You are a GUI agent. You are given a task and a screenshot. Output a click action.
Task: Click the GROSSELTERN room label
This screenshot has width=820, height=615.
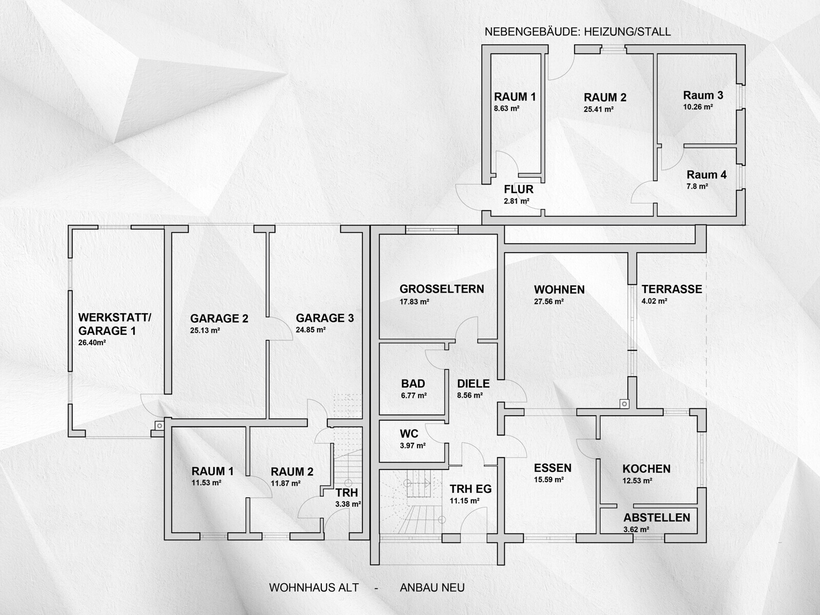tap(442, 289)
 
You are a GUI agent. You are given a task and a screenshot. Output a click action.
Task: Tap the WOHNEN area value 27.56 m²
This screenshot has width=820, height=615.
tap(549, 301)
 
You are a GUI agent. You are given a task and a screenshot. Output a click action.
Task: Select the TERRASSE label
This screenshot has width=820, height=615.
tap(672, 289)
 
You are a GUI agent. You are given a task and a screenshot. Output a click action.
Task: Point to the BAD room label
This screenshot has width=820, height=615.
tap(413, 383)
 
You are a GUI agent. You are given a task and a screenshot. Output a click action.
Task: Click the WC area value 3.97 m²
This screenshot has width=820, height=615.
tap(413, 445)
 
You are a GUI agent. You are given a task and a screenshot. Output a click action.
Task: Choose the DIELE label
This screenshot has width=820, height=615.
tap(474, 383)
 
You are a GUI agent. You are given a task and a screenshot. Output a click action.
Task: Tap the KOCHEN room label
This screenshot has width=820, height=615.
tap(646, 468)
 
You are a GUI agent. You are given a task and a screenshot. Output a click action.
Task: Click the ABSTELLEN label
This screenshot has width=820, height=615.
tap(657, 518)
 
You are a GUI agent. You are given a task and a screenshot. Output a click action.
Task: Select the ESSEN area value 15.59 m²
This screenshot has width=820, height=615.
tap(549, 480)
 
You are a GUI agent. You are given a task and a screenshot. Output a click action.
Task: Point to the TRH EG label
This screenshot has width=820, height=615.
tap(470, 489)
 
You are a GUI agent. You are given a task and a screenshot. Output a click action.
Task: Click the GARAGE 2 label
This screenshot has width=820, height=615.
tap(219, 318)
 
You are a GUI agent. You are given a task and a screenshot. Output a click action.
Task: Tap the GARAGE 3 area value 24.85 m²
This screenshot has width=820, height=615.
tap(311, 330)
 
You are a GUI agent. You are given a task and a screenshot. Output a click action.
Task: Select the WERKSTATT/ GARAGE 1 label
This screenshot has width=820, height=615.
tap(115, 324)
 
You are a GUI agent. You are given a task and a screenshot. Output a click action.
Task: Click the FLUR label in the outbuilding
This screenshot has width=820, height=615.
tap(519, 189)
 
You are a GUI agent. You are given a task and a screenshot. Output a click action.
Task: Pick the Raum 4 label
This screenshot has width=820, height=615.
tap(706, 174)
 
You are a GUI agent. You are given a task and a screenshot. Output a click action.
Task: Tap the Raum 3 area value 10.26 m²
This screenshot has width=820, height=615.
tap(698, 107)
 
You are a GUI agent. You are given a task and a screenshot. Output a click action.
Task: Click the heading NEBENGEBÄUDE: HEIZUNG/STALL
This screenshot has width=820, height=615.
tap(578, 32)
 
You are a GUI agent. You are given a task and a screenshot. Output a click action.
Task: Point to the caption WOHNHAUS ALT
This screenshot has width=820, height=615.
tap(314, 587)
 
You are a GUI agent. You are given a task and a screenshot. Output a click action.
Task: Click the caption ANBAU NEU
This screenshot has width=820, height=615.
tap(432, 587)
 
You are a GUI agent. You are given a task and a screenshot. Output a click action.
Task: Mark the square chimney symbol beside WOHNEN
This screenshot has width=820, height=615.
tap(624, 404)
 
